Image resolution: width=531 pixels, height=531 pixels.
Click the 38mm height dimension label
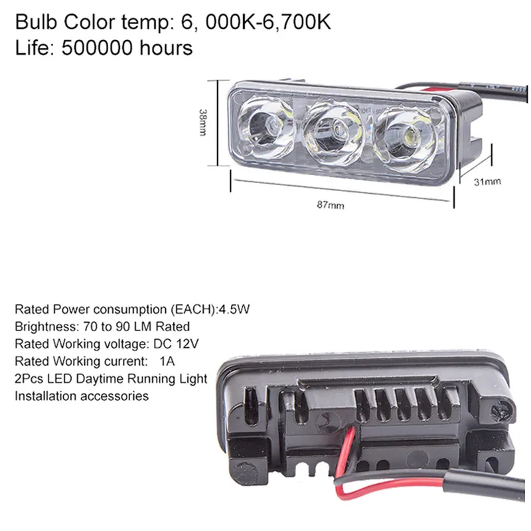click(x=202, y=122)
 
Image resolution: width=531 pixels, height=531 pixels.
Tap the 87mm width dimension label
click(x=331, y=205)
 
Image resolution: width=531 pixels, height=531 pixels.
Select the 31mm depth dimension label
click(x=487, y=182)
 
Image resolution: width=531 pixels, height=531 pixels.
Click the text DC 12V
click(x=176, y=344)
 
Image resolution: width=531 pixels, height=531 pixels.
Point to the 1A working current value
click(x=167, y=361)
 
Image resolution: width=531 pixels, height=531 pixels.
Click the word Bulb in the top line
click(x=37, y=23)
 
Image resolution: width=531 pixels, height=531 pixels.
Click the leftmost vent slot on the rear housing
click(x=251, y=406)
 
